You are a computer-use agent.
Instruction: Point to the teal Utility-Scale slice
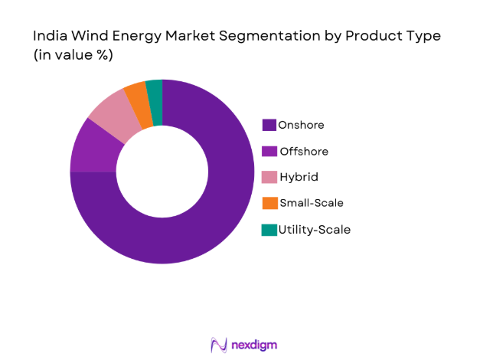point(154,90)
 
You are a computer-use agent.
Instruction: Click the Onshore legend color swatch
point(269,125)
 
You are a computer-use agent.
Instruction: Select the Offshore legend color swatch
point(269,151)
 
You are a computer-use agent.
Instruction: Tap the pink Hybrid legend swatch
point(269,177)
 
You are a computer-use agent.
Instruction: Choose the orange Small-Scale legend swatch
point(269,203)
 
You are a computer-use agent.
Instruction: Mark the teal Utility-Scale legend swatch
point(269,229)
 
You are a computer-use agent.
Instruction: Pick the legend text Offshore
point(304,151)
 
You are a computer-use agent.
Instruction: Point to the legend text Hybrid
point(299,177)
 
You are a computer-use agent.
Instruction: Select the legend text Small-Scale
point(312,203)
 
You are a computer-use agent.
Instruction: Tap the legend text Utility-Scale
point(315,229)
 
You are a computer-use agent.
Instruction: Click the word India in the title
point(48,36)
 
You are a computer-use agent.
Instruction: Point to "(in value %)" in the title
point(74,56)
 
